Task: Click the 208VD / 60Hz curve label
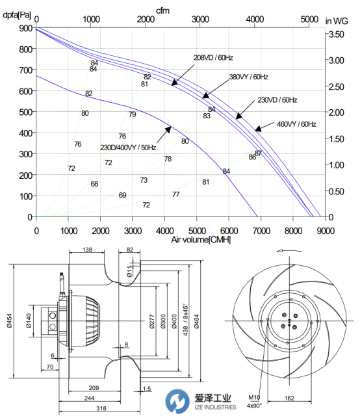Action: pos(213,58)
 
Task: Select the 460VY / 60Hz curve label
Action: pos(296,124)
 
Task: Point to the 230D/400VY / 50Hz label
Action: pos(128,148)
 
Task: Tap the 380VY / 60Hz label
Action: pos(249,77)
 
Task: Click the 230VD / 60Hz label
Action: pos(277,100)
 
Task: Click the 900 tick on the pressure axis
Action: pos(25,28)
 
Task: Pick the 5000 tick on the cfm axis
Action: pos(309,20)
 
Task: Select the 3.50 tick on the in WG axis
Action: pos(337,34)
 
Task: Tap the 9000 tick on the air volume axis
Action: pos(326,231)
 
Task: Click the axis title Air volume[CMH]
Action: pos(201,240)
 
